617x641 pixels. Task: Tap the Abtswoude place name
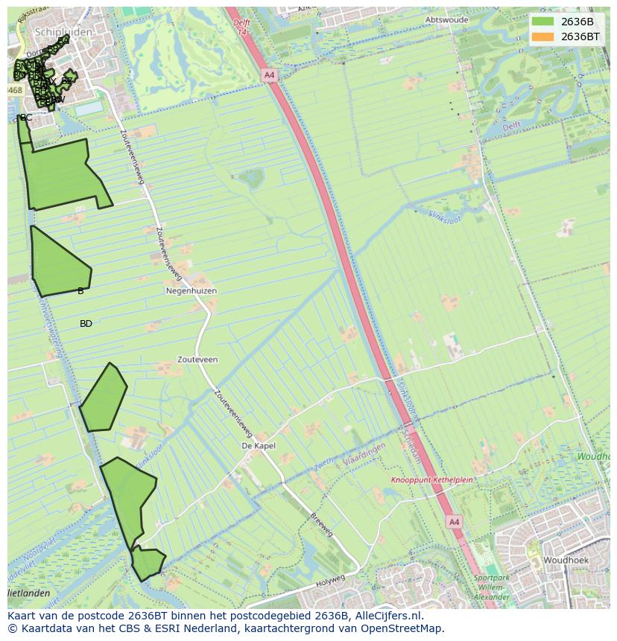click(447, 20)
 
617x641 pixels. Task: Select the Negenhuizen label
click(192, 291)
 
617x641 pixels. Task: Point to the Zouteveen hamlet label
click(197, 360)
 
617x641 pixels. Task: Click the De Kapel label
click(259, 446)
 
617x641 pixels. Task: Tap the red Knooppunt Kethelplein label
click(432, 480)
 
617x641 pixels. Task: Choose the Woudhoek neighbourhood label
click(566, 560)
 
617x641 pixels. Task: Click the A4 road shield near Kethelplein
click(454, 523)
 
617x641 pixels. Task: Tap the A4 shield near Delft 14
click(269, 75)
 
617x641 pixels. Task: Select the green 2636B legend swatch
click(543, 22)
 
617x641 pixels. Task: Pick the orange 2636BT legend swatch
click(543, 36)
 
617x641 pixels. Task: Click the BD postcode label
click(86, 324)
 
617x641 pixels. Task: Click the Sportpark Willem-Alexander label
click(492, 587)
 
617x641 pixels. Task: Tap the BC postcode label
click(26, 118)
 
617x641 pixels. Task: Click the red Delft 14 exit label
click(241, 27)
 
